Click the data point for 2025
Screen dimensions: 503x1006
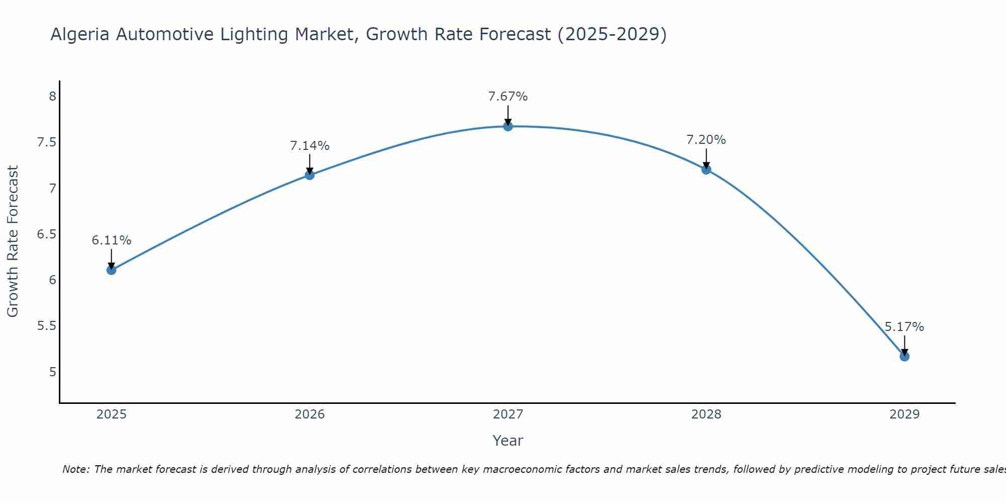[111, 270]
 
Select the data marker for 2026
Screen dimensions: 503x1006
[310, 175]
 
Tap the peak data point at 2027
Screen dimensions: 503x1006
[508, 126]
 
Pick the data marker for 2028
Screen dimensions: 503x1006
[706, 170]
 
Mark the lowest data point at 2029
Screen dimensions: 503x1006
[904, 357]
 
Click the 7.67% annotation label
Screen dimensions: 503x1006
[508, 96]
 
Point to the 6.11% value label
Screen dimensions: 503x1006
[111, 240]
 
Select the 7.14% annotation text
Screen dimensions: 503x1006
[310, 146]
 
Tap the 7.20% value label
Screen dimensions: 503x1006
[706, 140]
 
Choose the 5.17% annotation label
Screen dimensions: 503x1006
[904, 327]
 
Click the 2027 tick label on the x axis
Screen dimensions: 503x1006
[508, 414]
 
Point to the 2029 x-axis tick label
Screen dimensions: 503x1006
[904, 414]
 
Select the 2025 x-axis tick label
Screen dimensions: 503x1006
[111, 414]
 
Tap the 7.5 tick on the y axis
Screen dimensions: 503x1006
[47, 142]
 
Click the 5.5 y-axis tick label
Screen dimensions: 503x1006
[47, 326]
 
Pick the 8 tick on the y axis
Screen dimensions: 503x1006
[53, 96]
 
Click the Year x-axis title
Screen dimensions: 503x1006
[508, 441]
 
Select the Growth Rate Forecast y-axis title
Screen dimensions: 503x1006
[13, 241]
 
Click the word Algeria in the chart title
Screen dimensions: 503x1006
[80, 35]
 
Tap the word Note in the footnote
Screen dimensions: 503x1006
[75, 469]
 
